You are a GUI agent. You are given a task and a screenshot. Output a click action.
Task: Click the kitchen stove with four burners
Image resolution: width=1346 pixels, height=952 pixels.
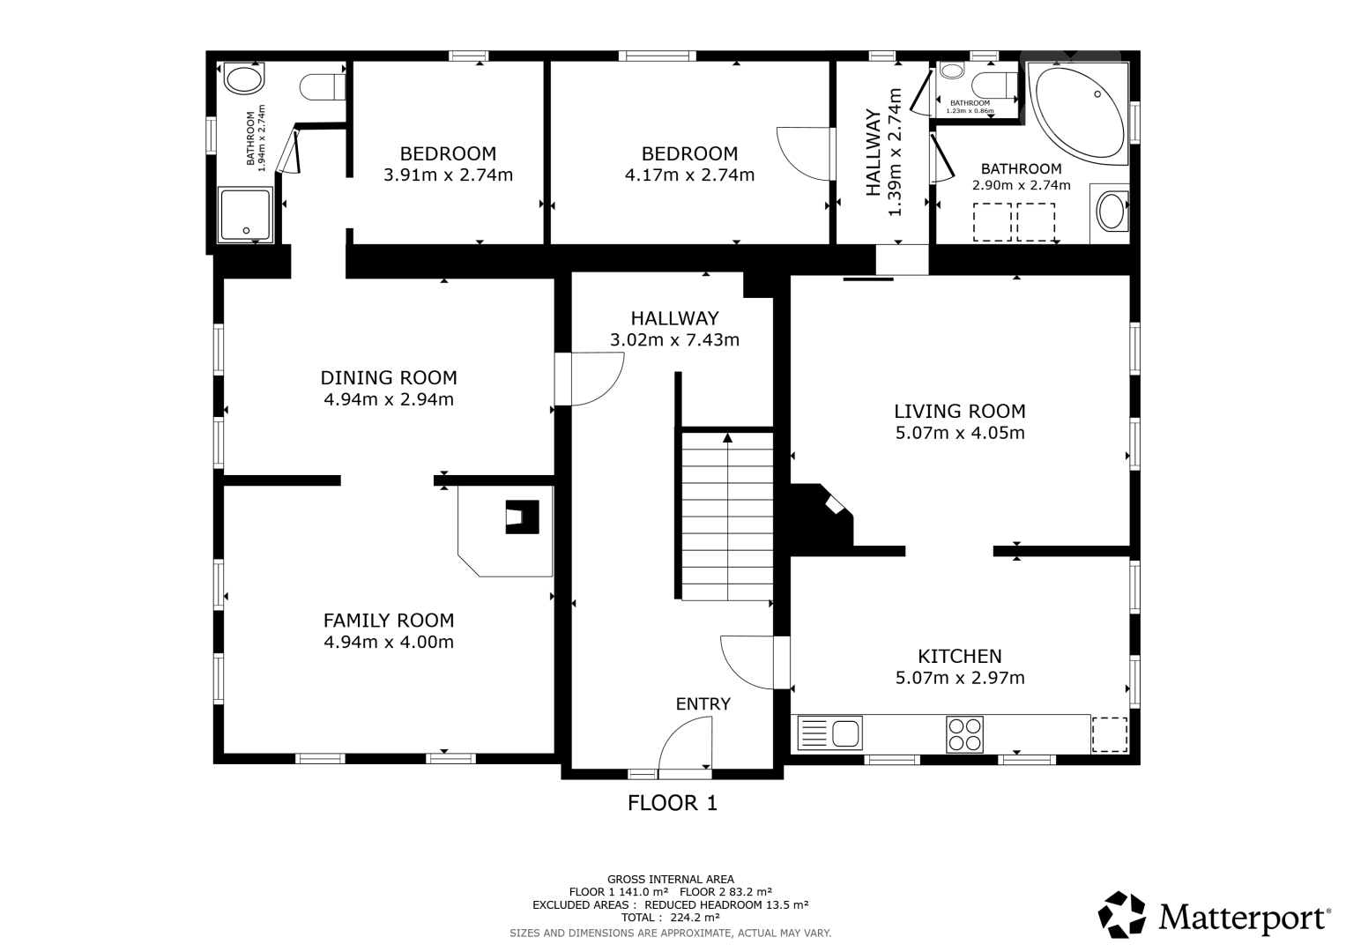964,733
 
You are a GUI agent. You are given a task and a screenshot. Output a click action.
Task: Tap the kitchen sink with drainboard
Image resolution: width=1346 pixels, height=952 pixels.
829,733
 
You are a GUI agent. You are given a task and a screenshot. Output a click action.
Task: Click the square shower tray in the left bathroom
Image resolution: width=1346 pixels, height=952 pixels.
245,214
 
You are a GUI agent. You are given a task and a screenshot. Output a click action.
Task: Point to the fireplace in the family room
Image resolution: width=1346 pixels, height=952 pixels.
522,517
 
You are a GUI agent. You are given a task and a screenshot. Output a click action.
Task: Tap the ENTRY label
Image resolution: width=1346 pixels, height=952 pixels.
703,703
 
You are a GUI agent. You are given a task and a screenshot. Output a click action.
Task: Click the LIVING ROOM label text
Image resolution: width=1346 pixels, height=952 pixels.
960,411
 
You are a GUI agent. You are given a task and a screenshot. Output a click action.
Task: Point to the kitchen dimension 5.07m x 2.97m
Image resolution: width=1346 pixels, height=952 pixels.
960,677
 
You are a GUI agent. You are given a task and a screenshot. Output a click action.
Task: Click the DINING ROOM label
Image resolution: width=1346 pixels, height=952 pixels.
389,377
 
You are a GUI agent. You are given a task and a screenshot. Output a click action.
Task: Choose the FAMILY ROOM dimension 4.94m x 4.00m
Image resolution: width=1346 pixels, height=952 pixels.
389,642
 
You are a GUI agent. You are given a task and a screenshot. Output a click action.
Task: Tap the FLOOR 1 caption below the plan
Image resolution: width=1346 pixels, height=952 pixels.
673,803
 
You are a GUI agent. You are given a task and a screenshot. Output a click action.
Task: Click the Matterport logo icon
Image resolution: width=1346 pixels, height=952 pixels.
1122,914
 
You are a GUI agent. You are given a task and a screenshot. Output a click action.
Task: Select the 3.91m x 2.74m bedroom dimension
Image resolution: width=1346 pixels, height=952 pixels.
449,175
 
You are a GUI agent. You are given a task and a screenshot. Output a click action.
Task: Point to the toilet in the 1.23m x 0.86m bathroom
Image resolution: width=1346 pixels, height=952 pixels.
994,85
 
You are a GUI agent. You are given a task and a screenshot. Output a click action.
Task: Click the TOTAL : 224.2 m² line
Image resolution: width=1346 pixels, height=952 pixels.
671,917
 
